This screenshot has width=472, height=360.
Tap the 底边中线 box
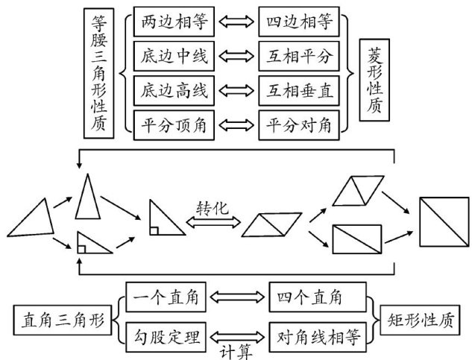pyautogui.click(x=173, y=55)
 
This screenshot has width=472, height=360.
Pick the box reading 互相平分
pyautogui.click(x=300, y=55)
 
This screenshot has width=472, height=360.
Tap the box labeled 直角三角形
pyautogui.click(x=62, y=320)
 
